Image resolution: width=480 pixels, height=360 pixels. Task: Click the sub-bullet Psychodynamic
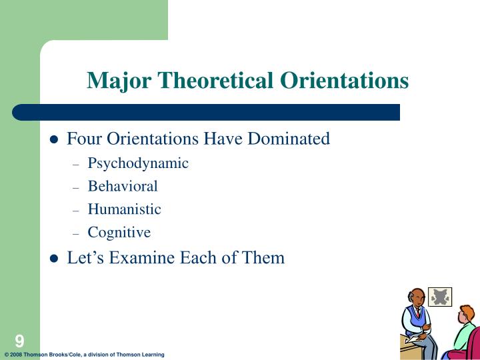pos(138,163)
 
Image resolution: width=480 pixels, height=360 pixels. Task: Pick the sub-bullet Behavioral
pos(123,186)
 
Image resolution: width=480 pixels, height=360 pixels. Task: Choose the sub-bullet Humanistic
pos(124,209)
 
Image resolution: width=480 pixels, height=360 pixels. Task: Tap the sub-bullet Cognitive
pos(119,233)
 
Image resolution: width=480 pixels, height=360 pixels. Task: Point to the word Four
pos(83,139)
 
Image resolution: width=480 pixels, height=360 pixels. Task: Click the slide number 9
pos(19,341)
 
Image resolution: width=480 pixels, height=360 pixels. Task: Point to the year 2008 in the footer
pos(17,355)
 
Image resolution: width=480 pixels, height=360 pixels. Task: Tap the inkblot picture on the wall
pos(439,297)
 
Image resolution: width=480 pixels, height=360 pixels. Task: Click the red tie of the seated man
pos(419,313)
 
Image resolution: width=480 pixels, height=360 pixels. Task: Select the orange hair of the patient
pos(466,313)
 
